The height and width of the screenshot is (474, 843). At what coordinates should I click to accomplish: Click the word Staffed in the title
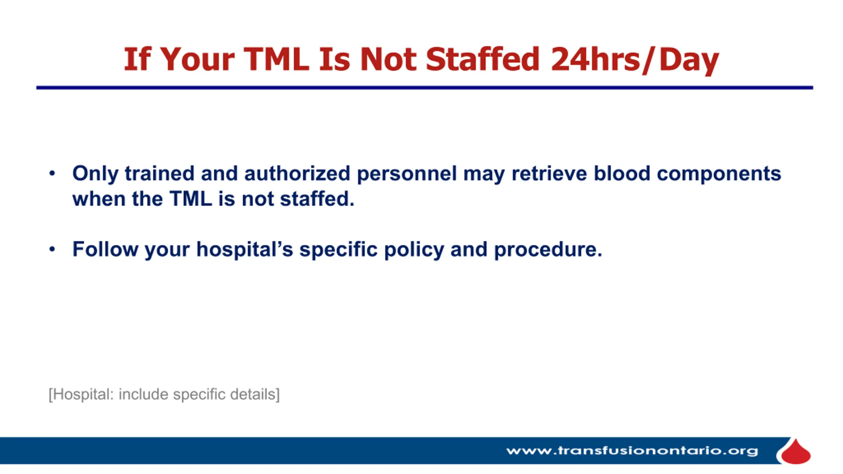coord(482,59)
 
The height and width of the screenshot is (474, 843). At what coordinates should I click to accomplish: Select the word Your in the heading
coord(198,59)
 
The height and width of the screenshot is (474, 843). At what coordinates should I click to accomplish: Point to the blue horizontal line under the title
coord(425,88)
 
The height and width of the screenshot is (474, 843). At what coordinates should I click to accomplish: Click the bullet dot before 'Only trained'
coord(52,173)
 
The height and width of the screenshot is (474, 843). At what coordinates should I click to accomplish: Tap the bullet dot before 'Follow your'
coord(52,249)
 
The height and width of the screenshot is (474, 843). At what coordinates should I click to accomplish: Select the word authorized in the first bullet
coord(297,173)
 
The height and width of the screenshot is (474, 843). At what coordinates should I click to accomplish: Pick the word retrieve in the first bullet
coord(549,173)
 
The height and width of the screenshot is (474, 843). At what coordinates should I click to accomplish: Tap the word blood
coord(622,173)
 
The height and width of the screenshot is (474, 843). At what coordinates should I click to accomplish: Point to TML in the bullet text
coord(191,199)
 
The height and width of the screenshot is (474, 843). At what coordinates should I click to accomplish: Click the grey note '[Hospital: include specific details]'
coord(164,394)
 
